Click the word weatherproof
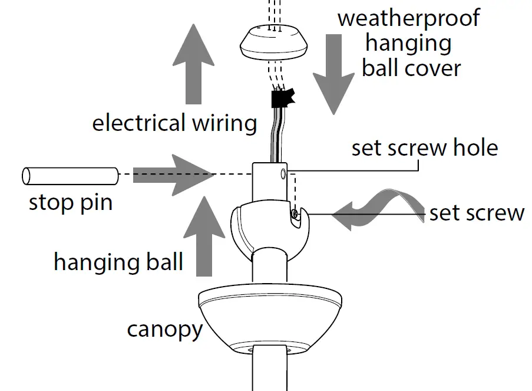tap(408, 18)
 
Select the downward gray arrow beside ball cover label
tap(333, 74)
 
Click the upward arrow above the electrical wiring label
tap(193, 65)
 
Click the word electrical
tap(139, 123)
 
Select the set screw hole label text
tap(424, 147)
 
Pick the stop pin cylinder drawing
tap(70, 175)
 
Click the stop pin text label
tap(70, 203)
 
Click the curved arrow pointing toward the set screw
tap(377, 209)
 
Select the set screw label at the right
tap(477, 212)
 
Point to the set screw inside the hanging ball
tap(296, 216)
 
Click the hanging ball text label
tap(118, 261)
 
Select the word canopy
tap(164, 329)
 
